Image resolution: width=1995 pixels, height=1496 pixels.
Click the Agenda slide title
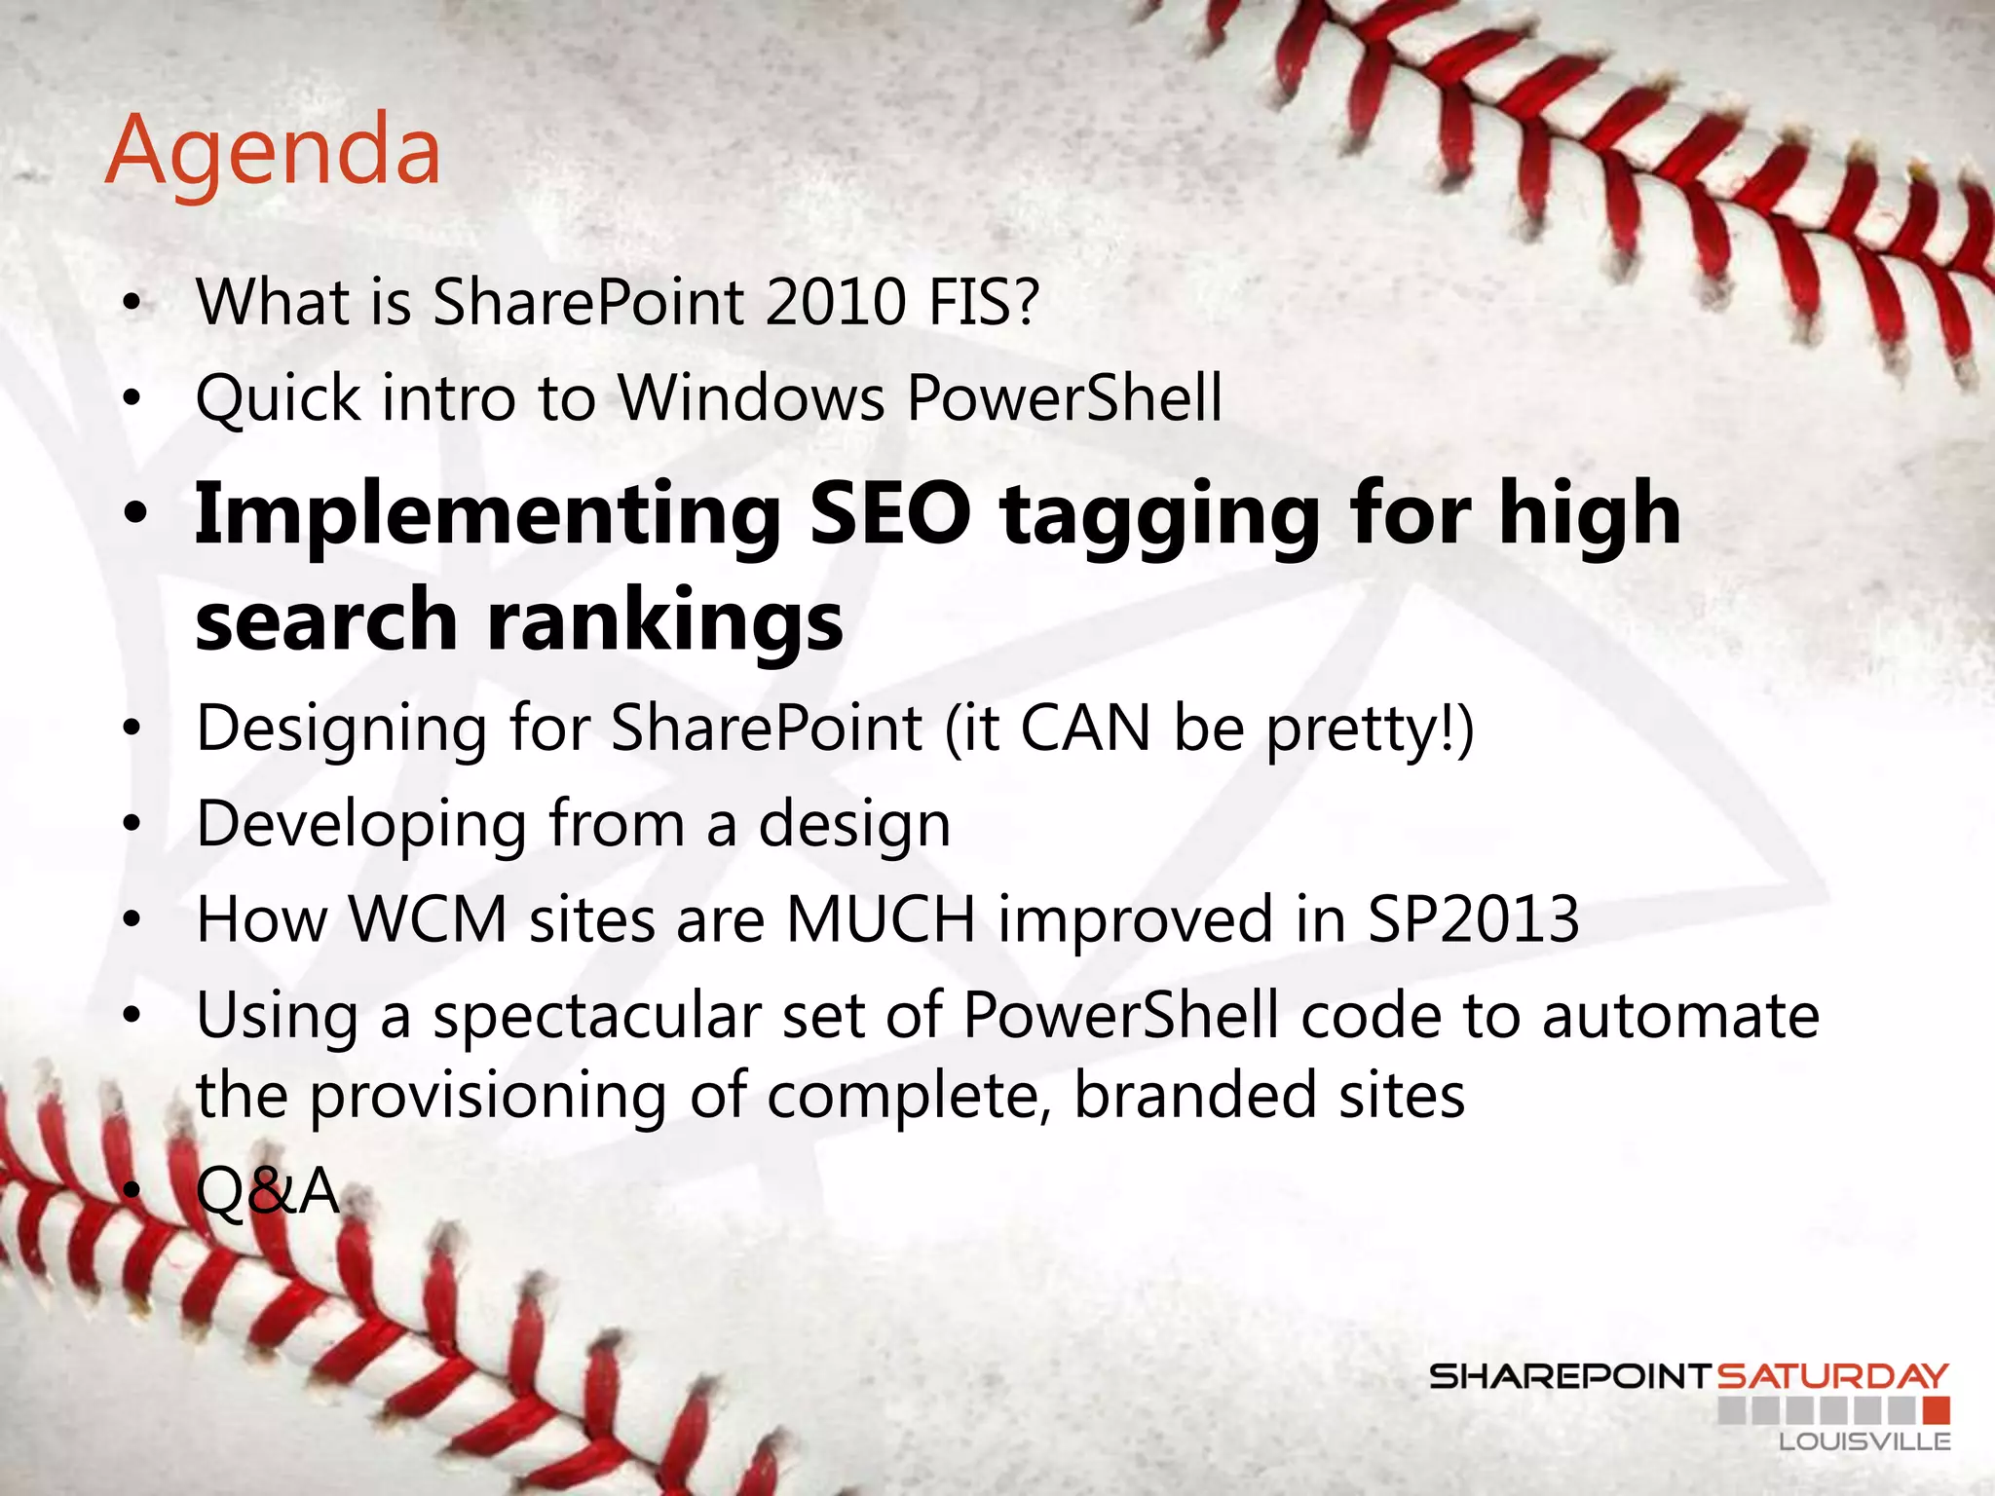274,152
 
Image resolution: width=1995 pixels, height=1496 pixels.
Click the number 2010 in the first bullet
836,302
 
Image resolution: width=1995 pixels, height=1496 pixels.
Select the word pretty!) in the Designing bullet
1370,729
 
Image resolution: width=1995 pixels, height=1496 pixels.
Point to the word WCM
429,918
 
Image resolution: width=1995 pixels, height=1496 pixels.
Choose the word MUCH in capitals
881,918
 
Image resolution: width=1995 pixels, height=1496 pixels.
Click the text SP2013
1473,918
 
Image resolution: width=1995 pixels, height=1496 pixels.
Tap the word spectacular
596,1017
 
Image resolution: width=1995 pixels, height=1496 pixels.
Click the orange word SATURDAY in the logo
1831,1376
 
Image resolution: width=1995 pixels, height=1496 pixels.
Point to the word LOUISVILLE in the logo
1864,1441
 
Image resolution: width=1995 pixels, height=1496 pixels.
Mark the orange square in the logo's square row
1937,1409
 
